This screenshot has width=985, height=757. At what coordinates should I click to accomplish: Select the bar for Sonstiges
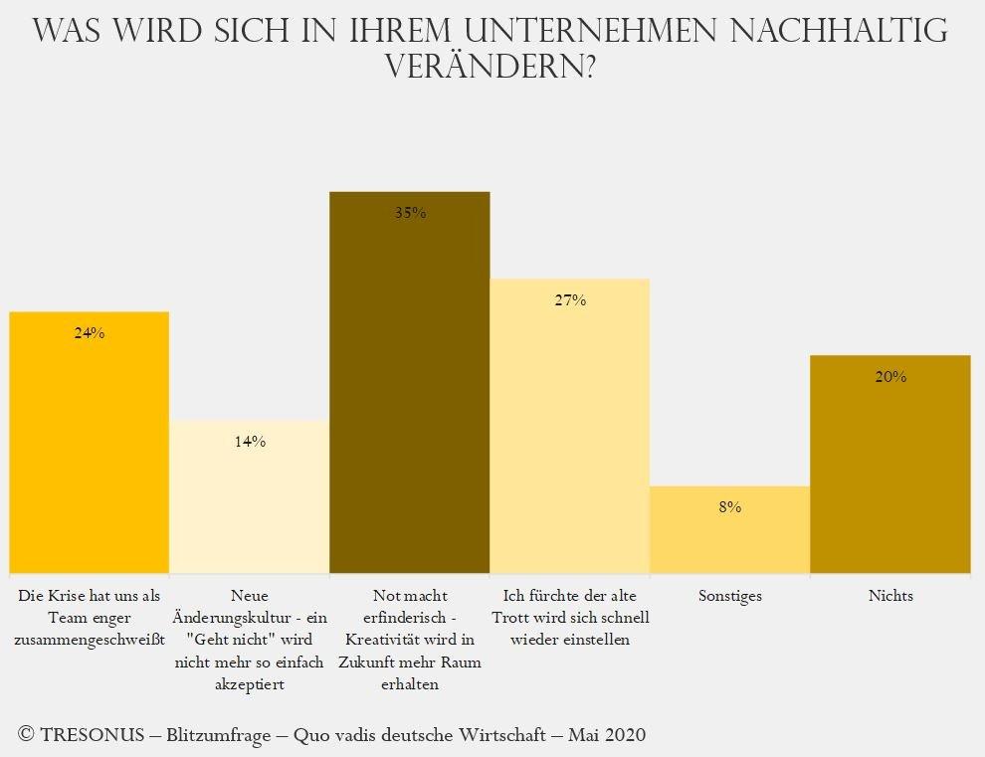(x=729, y=537)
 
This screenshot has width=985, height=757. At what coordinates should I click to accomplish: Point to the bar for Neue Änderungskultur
(x=249, y=497)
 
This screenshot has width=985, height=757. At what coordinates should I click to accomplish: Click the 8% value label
(x=729, y=507)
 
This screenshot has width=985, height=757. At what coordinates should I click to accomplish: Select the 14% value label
(x=250, y=442)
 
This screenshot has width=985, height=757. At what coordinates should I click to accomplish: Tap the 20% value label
(x=890, y=377)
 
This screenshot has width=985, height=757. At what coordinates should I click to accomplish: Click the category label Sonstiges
(x=729, y=596)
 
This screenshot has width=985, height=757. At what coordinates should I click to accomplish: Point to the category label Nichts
(x=890, y=596)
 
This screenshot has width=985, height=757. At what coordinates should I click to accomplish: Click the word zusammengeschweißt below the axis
(x=90, y=640)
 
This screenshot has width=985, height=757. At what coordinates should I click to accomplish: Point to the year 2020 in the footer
(x=623, y=735)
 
